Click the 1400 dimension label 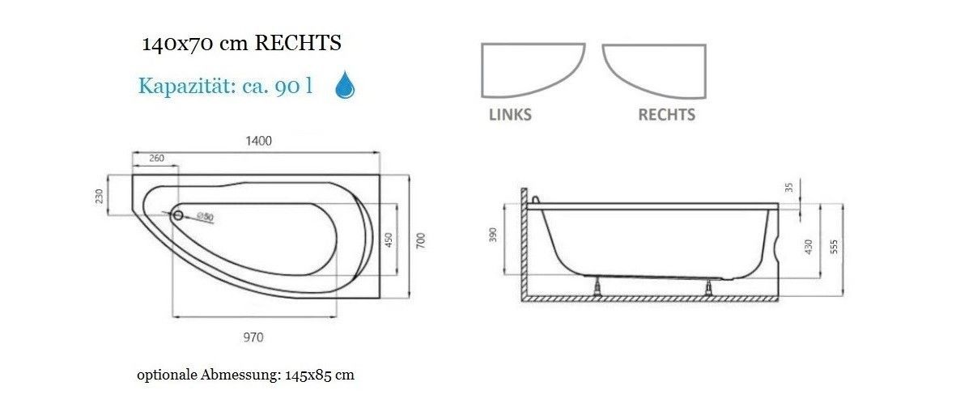click(258, 141)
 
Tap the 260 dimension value click(157, 159)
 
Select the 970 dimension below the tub click(253, 337)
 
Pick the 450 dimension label click(389, 239)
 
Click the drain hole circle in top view click(178, 214)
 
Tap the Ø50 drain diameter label click(205, 216)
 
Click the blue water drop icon click(345, 85)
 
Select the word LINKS click(510, 115)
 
